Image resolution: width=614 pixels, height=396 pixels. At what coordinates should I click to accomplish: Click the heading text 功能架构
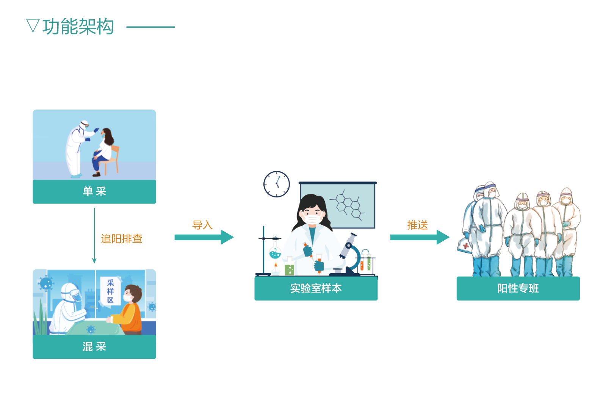pyautogui.click(x=78, y=27)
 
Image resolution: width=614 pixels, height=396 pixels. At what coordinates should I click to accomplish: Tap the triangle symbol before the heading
pyautogui.click(x=33, y=25)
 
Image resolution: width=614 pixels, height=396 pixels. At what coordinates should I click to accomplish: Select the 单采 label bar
pyautogui.click(x=94, y=192)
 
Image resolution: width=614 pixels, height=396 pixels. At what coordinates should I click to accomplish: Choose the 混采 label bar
pyautogui.click(x=94, y=347)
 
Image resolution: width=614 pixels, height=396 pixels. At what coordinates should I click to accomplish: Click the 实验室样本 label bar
pyautogui.click(x=316, y=288)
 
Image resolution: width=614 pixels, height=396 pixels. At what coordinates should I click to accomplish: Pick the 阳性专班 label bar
pyautogui.click(x=518, y=288)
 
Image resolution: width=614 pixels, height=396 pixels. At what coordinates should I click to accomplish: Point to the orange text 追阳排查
pyautogui.click(x=121, y=239)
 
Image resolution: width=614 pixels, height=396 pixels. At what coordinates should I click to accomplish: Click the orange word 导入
pyautogui.click(x=202, y=225)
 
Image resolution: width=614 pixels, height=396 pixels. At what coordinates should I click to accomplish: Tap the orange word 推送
pyautogui.click(x=417, y=225)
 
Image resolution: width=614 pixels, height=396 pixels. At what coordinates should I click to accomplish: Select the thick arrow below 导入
pyautogui.click(x=204, y=237)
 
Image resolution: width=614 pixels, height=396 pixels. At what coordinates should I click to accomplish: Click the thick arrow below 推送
pyautogui.click(x=420, y=237)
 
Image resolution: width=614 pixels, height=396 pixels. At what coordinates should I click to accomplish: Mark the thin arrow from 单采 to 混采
pyautogui.click(x=94, y=235)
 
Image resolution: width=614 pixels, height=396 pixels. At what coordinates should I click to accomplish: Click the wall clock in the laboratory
pyautogui.click(x=277, y=184)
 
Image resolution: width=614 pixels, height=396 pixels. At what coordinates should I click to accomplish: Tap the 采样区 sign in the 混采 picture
pyautogui.click(x=110, y=291)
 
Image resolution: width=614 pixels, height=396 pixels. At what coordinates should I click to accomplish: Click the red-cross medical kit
pyautogui.click(x=465, y=246)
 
